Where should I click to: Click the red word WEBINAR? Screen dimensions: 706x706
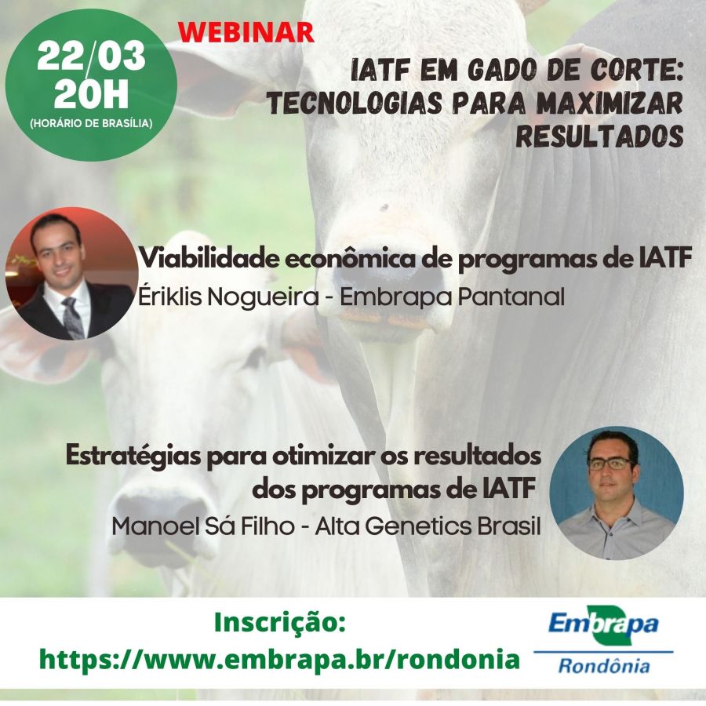pos(246,32)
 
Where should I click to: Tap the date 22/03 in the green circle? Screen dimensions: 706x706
pos(91,56)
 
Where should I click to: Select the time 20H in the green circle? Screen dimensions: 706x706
pos(91,94)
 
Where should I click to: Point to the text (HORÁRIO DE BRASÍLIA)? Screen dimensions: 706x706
pos(91,123)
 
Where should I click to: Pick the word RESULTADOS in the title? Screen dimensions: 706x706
pos(600,136)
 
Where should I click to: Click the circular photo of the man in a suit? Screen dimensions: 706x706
pos(71,273)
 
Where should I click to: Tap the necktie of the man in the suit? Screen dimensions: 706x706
pos(72,318)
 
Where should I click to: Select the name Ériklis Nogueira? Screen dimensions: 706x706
pos(228,297)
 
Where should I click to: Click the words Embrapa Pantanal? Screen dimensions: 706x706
pos(452,297)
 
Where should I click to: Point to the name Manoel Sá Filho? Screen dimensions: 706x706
pos(203,526)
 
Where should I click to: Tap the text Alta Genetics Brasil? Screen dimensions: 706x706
pos(428,526)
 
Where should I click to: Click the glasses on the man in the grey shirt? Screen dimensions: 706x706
pos(611,463)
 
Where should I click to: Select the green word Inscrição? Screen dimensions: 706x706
pos(279,623)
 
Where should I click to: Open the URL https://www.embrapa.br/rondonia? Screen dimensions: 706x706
pos(279,660)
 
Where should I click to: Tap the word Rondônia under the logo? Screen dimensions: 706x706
pos(604,665)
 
